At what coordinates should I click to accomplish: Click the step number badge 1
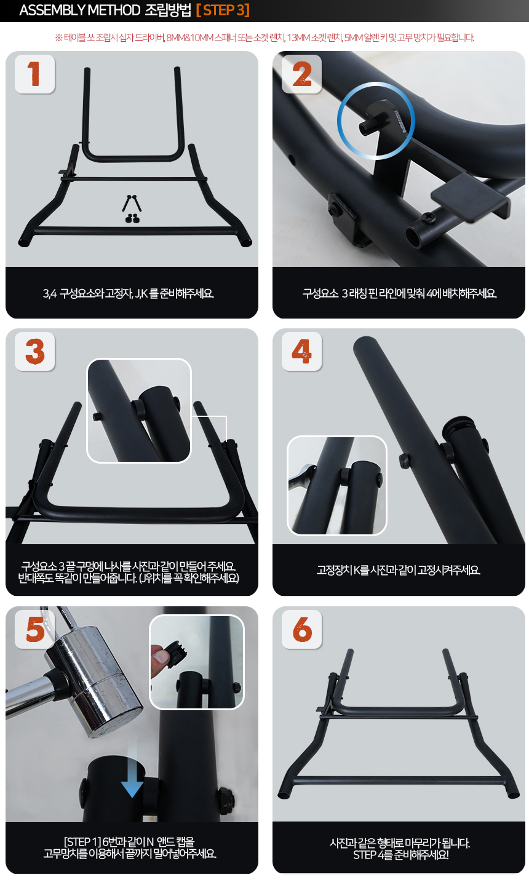pos(34,74)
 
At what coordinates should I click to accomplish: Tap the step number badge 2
pos(301,74)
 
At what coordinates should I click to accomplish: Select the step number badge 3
pos(34,351)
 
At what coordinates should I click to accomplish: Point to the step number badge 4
pos(301,351)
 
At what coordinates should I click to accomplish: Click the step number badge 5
pos(34,629)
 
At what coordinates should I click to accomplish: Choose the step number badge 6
pos(301,629)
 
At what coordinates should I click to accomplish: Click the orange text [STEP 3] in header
pos(223,10)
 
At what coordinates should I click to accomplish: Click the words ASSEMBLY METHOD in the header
pos(80,10)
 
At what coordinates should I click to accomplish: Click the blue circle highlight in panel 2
pos(376,121)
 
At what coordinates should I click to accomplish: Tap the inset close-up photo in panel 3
pos(139,411)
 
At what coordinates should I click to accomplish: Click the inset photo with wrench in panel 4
pos(336,486)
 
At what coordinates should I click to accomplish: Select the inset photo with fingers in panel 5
pos(196,662)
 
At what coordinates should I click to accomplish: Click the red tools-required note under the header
pos(264,38)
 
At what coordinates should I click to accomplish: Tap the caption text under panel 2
pos(399,293)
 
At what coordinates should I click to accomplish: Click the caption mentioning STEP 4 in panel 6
pos(400,849)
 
